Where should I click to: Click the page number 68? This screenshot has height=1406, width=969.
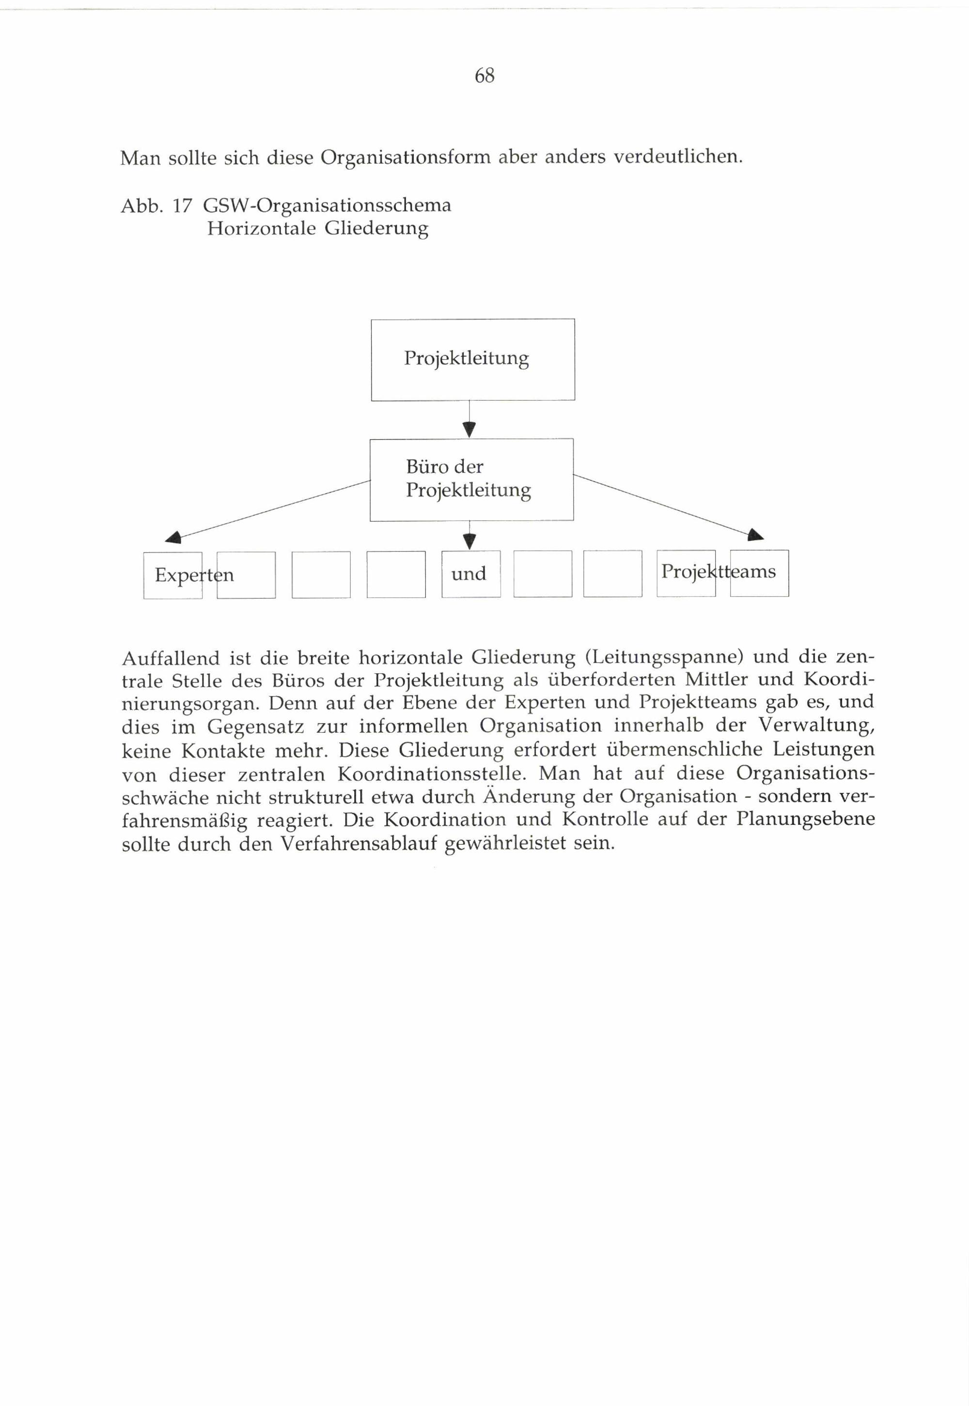tap(484, 76)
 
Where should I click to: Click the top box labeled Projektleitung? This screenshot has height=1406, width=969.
tap(472, 359)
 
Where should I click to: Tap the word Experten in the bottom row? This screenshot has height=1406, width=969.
tap(194, 574)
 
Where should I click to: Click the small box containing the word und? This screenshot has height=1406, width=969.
tap(470, 574)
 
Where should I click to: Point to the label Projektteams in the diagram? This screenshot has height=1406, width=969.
tap(718, 572)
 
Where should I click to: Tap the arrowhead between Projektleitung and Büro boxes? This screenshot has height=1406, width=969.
tap(469, 430)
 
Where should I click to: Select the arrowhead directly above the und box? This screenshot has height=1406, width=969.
tap(469, 540)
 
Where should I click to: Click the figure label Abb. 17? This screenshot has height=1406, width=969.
tap(156, 206)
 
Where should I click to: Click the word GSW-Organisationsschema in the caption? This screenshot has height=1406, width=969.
tap(327, 206)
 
